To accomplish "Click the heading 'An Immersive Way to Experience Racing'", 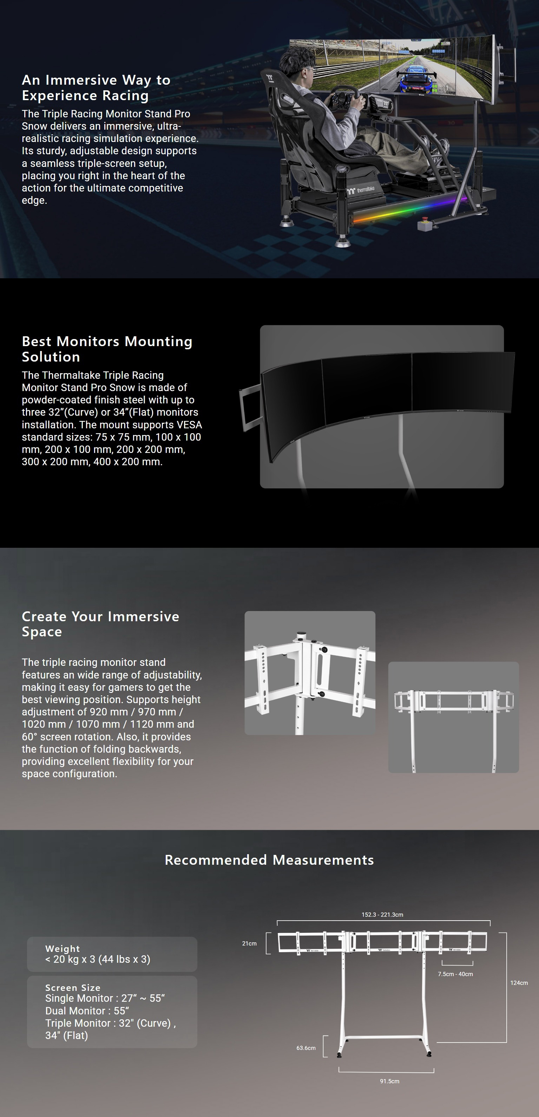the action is pyautogui.click(x=96, y=87).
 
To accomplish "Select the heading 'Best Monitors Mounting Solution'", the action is pyautogui.click(x=107, y=349).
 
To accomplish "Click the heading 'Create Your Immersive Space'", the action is pyautogui.click(x=100, y=624).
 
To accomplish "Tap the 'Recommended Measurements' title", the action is pyautogui.click(x=269, y=860).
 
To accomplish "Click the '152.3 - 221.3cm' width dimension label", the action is pyautogui.click(x=382, y=915).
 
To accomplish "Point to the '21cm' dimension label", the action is pyautogui.click(x=249, y=943).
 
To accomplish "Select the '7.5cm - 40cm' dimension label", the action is pyautogui.click(x=455, y=974).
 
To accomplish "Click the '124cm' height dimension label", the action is pyautogui.click(x=519, y=982).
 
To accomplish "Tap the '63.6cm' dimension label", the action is pyautogui.click(x=306, y=1048).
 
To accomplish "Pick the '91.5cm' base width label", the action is pyautogui.click(x=389, y=1081).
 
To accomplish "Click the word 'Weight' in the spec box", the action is pyautogui.click(x=63, y=949).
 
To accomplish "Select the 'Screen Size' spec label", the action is pyautogui.click(x=73, y=988).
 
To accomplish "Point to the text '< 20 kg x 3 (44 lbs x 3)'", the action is pyautogui.click(x=98, y=959).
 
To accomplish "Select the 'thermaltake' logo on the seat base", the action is pyautogui.click(x=361, y=190).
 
